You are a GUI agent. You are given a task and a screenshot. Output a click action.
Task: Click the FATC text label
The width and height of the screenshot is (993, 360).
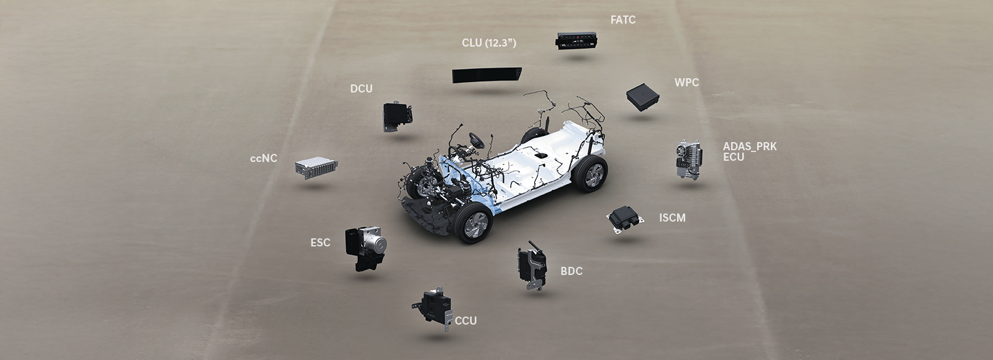623,20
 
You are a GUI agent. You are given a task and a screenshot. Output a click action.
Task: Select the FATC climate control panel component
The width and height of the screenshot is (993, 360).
577,40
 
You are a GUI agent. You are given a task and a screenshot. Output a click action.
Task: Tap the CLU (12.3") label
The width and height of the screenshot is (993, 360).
489,43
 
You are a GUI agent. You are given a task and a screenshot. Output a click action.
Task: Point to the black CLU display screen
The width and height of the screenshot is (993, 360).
487,75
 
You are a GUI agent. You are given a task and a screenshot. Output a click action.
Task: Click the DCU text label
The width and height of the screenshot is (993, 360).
361,89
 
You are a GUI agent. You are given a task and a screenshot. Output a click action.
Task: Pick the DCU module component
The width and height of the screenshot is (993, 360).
398,117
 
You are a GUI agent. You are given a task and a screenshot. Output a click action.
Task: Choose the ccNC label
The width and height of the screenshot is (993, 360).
263,158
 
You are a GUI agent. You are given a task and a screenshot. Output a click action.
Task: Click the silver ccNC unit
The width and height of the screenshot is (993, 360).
316,167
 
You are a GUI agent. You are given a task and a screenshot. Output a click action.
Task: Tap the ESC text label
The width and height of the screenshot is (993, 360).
320,243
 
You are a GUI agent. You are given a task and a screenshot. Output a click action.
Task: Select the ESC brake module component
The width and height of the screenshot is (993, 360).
366,248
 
